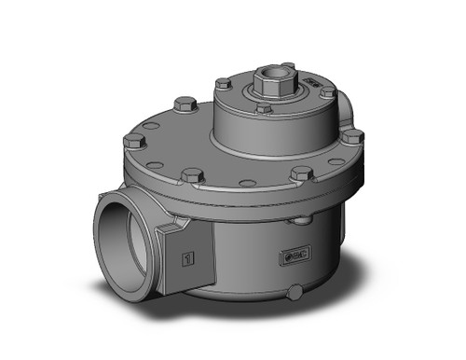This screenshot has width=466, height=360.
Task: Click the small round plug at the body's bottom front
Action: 295,294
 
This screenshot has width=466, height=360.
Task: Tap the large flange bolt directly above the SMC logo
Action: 301,173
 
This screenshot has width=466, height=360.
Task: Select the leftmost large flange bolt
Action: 133,141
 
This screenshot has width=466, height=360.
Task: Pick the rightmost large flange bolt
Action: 352,136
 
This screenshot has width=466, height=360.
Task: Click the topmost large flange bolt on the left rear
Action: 185,104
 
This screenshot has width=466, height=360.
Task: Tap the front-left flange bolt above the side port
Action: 192,174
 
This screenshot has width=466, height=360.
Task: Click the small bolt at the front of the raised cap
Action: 265,109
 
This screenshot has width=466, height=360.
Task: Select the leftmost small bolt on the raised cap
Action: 223,84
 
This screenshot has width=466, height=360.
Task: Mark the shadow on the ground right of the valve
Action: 373,280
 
